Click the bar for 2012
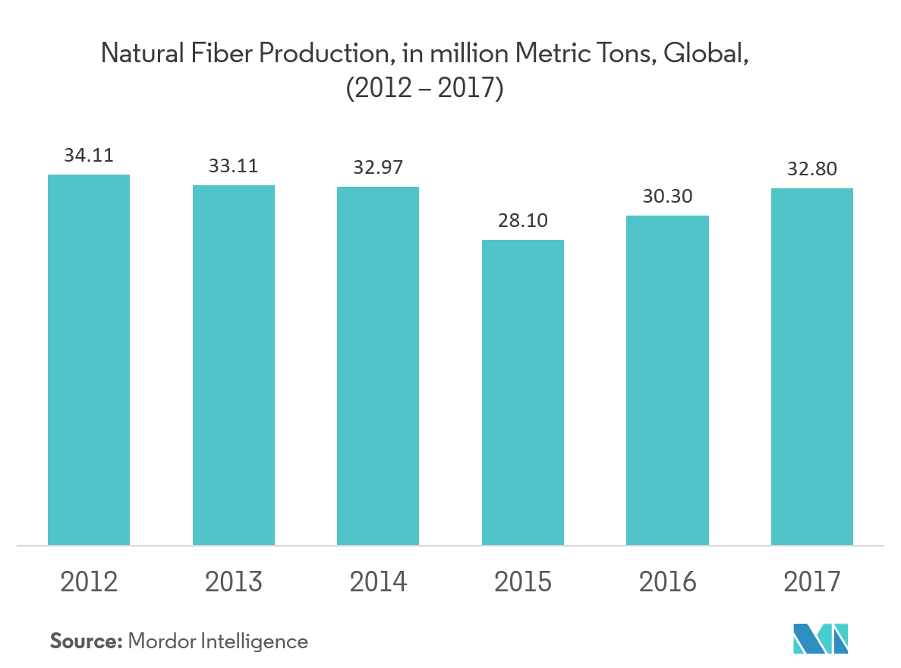coord(89,360)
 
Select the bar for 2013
coord(234,365)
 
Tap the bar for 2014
coord(378,366)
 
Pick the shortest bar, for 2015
coord(523,392)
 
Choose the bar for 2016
coord(667,380)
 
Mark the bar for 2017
coord(812,367)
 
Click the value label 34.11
coord(89,156)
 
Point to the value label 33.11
coord(234,165)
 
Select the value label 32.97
coord(378,167)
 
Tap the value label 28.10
coord(523,220)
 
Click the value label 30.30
coord(667,196)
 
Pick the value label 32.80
coord(812,169)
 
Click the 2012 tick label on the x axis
coord(89,581)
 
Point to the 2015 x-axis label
coord(523,581)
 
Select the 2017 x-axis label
coord(812,581)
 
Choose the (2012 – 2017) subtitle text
coord(425,89)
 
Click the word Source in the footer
coord(86,641)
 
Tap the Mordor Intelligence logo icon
coord(820,638)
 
